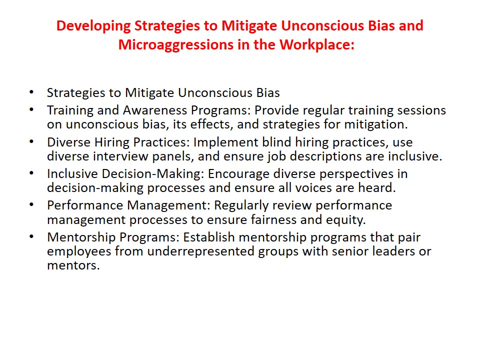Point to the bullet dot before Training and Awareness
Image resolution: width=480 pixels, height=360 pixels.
(31, 109)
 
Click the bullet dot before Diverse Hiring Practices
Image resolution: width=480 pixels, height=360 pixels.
(31, 141)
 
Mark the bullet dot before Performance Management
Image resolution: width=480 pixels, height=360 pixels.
(31, 204)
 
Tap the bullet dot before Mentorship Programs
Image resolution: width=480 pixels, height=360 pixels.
(31, 236)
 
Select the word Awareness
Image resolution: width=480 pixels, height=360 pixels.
(155, 110)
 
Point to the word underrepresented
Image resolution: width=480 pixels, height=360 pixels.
(201, 251)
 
